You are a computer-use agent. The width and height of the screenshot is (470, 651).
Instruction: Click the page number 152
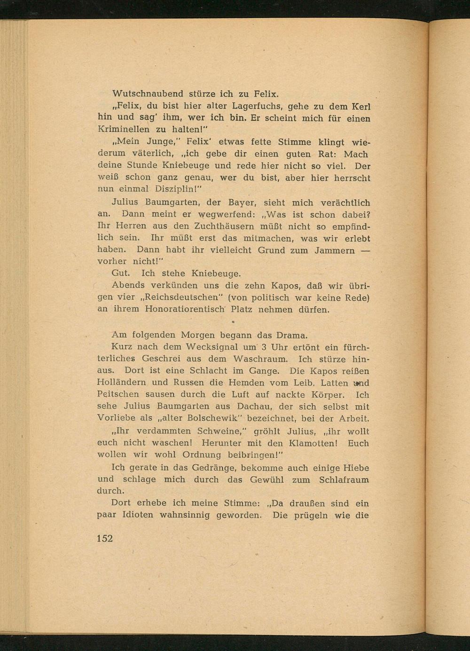point(105,538)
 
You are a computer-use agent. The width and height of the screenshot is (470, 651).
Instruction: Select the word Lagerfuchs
point(258,106)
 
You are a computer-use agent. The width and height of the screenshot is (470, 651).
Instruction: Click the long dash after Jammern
point(365,250)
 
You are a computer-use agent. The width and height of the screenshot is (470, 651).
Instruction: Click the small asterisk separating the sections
point(233,323)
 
